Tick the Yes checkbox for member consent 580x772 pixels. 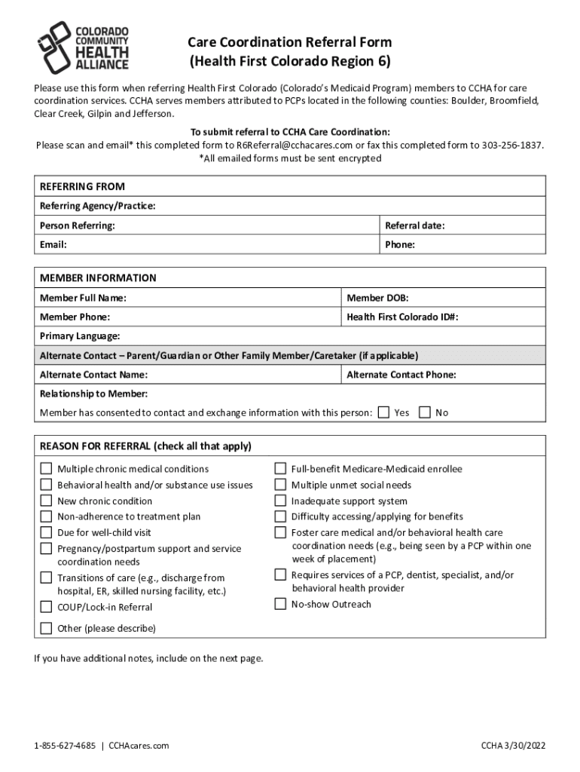[x=384, y=412]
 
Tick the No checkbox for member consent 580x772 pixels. [x=425, y=412]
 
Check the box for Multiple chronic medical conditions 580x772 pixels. [x=46, y=469]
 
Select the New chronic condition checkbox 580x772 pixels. [x=46, y=501]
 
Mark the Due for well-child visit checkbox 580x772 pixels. [x=46, y=532]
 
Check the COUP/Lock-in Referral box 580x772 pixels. [x=46, y=607]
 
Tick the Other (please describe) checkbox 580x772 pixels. [x=46, y=628]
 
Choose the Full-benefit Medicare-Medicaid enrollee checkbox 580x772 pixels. [x=280, y=469]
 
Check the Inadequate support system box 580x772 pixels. [x=280, y=501]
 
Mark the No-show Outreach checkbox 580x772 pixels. [x=280, y=604]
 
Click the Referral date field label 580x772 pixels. [x=414, y=225]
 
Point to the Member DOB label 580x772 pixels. [x=377, y=298]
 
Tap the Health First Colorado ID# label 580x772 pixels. [x=402, y=317]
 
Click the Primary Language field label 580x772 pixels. [x=79, y=336]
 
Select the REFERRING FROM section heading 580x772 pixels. [x=82, y=186]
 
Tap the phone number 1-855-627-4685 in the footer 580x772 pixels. [x=65, y=746]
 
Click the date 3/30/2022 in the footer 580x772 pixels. [x=524, y=746]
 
